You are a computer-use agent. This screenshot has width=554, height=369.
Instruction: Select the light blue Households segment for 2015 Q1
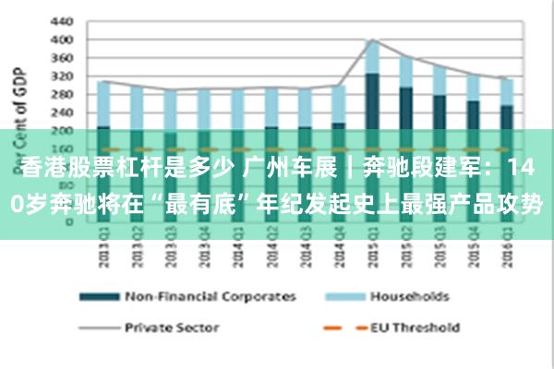point(372,56)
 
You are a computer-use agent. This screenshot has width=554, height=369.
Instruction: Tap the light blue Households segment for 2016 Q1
point(506,91)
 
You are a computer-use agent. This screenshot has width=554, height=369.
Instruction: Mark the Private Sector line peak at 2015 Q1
point(372,40)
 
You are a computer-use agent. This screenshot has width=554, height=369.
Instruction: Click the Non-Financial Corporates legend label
point(210,296)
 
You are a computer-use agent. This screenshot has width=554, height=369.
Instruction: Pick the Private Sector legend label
point(171,327)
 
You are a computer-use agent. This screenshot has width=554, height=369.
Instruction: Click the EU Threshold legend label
point(415,327)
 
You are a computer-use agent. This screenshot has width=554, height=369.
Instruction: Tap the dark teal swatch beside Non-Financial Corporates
point(97,297)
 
